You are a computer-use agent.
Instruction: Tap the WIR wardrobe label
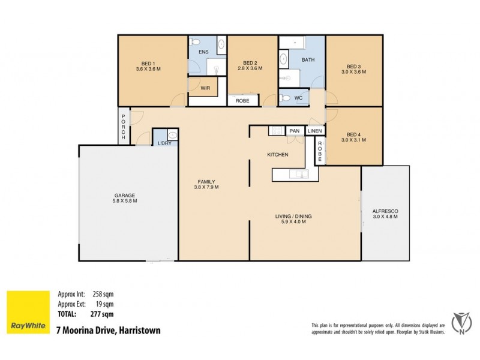click(x=205, y=88)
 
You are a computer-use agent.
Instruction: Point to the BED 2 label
click(x=250, y=63)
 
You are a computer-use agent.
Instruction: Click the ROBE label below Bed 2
click(x=242, y=101)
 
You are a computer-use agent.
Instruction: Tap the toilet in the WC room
click(x=286, y=98)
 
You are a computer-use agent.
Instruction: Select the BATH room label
click(x=308, y=60)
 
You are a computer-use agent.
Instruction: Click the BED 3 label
click(x=354, y=67)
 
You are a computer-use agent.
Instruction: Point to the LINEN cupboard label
click(x=314, y=131)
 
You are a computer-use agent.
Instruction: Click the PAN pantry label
click(x=294, y=131)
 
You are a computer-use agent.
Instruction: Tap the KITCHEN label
click(x=278, y=155)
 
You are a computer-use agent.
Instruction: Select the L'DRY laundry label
click(x=163, y=143)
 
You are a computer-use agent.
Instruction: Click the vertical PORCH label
click(x=123, y=127)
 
